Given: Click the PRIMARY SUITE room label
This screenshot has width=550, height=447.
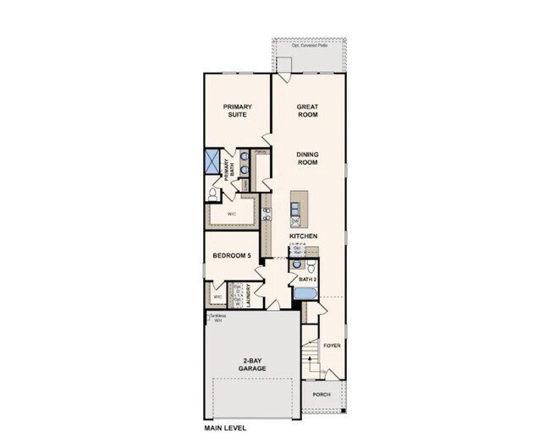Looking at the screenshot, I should coord(238,111).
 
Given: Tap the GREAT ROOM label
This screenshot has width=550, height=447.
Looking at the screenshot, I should coord(307,111).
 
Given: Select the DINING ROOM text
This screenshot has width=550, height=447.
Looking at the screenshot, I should coord(307,158).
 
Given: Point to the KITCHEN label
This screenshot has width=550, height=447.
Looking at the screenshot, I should coord(302,236).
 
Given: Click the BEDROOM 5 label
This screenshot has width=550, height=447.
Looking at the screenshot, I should coord(232,256).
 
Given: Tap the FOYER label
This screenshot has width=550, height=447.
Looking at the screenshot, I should coord(332,345).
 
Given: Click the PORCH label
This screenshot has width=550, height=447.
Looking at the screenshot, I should coord(322,395).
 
